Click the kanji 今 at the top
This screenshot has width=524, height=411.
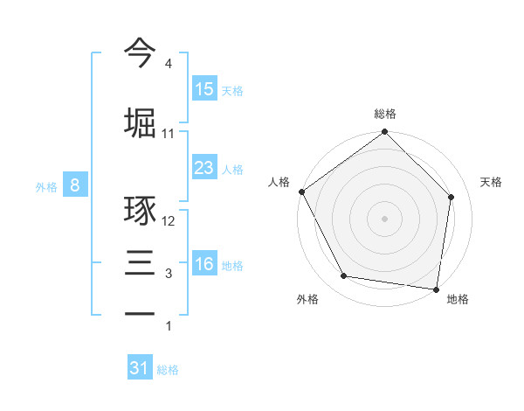[x=140, y=53]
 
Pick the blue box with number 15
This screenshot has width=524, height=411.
[x=204, y=89]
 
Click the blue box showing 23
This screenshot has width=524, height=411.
[x=204, y=168]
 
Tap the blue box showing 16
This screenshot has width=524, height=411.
[x=204, y=264]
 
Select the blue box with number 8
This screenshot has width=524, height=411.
[x=75, y=185]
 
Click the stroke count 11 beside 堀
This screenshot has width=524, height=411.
[x=169, y=134]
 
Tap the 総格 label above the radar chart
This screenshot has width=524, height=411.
[x=385, y=114]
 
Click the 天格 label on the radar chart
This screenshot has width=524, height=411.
[x=492, y=182]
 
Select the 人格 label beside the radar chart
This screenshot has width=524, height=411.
[x=279, y=182]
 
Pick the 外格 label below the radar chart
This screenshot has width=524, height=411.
[x=307, y=299]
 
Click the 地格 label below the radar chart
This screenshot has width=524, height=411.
[x=458, y=299]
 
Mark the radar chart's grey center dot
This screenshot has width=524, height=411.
[x=385, y=218]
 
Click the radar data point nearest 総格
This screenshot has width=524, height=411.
[x=385, y=133]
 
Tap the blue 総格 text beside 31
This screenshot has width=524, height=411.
[x=168, y=370]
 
